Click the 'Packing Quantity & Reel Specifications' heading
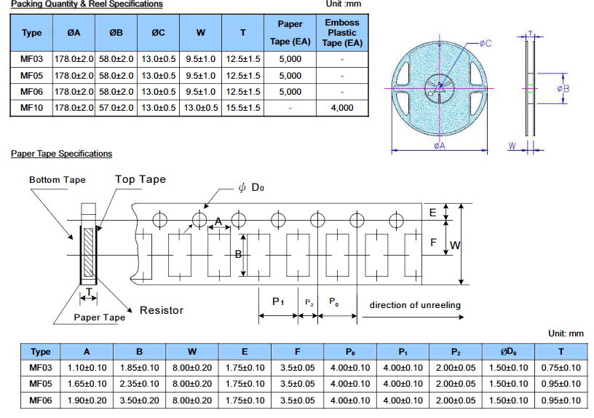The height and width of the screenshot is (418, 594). [x=87, y=4]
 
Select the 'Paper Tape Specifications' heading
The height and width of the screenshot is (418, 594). [x=62, y=154]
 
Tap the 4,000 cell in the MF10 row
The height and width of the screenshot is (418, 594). [x=341, y=107]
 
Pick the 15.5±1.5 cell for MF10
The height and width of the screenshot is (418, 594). [x=243, y=107]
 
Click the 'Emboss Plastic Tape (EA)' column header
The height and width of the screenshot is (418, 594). [x=341, y=33]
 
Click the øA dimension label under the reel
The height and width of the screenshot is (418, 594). [x=440, y=146]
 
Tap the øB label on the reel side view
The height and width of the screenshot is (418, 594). [x=563, y=88]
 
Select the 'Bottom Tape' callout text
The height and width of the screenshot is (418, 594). [x=58, y=180]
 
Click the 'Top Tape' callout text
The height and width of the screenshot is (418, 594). [x=140, y=179]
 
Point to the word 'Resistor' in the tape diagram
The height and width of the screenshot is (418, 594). [x=161, y=310]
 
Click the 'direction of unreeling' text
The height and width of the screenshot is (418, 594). [x=415, y=305]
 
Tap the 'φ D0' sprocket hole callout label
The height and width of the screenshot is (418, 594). [x=251, y=188]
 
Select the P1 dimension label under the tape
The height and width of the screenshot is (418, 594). [x=277, y=301]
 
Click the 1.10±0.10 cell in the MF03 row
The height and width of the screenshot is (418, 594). [x=87, y=368]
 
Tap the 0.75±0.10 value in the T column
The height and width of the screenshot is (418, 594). [x=561, y=368]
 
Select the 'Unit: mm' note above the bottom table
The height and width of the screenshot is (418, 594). [x=566, y=334]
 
